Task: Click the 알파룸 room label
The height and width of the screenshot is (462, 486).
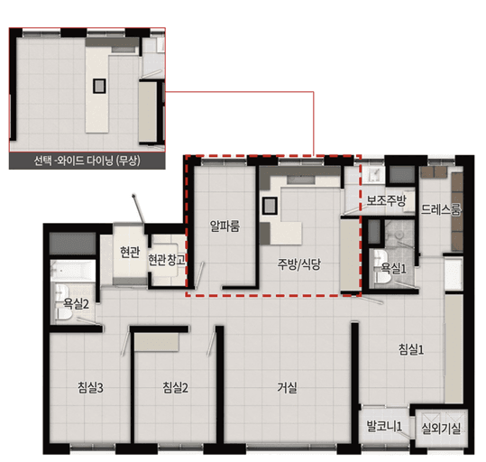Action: point(225,226)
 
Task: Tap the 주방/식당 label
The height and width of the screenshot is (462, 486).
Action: point(298,264)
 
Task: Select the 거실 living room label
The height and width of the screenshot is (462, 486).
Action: point(287,387)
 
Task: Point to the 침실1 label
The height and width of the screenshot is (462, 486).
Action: point(411,350)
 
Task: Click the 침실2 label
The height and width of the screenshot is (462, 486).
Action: point(176,387)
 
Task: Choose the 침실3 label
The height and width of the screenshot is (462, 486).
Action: point(90,387)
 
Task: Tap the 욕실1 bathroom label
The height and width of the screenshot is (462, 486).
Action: point(393,268)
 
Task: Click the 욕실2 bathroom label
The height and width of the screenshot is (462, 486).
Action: point(77,303)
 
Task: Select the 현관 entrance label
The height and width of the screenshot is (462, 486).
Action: point(130,253)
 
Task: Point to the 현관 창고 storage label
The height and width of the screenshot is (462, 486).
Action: point(167,260)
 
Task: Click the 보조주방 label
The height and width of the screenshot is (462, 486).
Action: point(386,200)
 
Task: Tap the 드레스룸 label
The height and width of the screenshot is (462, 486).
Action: point(441,209)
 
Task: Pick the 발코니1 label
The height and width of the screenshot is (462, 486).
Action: point(384,426)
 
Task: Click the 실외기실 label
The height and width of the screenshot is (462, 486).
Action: point(441,429)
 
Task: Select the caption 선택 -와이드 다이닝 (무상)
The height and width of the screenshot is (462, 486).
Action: point(87,161)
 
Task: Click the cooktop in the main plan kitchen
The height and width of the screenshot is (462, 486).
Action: point(270,206)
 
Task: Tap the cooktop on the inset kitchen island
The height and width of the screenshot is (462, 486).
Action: point(99,86)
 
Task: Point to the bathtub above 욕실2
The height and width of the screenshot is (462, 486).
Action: point(73,271)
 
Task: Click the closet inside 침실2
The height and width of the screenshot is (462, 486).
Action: point(157,342)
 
